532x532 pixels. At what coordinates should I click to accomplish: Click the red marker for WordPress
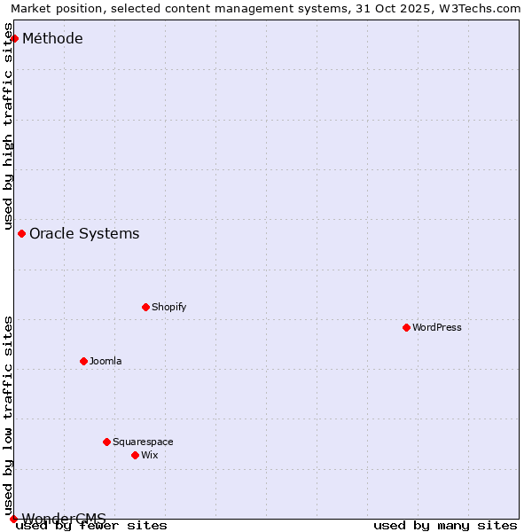[406, 327]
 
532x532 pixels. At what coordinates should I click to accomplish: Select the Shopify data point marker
[145, 307]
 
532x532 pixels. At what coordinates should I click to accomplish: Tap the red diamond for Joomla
[83, 361]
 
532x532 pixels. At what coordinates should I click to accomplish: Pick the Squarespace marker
[106, 442]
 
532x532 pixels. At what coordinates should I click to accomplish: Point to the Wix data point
[135, 455]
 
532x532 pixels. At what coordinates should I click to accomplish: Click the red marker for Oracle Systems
[21, 233]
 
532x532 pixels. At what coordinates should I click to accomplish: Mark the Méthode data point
[14, 38]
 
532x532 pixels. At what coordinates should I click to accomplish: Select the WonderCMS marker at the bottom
[13, 519]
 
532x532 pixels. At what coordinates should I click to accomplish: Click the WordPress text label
[437, 327]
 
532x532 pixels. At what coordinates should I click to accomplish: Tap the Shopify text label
[168, 307]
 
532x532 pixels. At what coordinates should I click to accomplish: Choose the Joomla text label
[106, 361]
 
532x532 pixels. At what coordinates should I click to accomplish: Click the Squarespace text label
[143, 442]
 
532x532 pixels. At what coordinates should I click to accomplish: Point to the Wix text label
[149, 455]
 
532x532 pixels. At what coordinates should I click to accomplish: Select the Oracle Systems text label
[84, 233]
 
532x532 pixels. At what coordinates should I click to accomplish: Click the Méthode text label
[52, 38]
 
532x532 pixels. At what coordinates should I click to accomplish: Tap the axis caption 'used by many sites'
[445, 526]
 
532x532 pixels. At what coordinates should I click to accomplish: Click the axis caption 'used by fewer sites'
[92, 526]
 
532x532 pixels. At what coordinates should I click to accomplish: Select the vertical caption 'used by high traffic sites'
[8, 127]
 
